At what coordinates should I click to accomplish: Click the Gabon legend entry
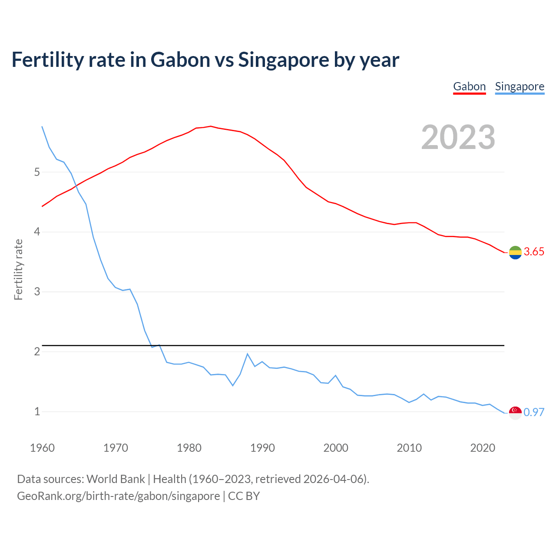469,86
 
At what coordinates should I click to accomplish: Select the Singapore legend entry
520,86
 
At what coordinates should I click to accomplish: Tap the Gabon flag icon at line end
515,252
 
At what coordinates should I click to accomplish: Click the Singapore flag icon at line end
515,413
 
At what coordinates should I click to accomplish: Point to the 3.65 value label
534,252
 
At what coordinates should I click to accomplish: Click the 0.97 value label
534,412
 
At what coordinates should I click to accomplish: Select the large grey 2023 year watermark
458,137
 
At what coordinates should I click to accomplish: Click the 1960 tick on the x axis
42,448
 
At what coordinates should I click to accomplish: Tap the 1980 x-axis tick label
189,448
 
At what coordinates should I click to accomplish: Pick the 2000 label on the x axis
336,448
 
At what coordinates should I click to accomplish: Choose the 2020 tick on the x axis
483,448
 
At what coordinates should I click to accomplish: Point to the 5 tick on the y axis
37,172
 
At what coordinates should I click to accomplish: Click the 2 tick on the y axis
37,351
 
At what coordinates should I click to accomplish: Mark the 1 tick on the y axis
37,411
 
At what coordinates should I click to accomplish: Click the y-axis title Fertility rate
18,269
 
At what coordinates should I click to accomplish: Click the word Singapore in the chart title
283,60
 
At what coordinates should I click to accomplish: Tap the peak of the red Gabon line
211,126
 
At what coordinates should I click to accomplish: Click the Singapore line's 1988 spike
248,354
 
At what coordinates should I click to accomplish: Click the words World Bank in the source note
116,479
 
